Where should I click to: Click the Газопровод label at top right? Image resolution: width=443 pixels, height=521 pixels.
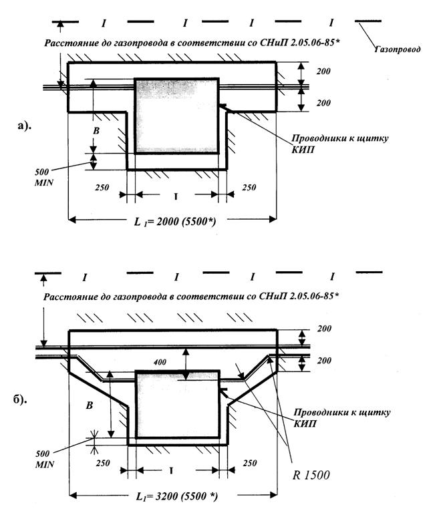tap(397, 49)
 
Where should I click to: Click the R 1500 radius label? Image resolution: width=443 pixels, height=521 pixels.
tap(311, 475)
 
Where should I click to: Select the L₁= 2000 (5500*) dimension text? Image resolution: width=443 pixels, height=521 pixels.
tap(175, 221)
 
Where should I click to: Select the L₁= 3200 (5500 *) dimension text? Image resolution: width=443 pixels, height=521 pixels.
tap(177, 496)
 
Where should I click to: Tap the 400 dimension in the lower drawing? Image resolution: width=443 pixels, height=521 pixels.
tap(160, 362)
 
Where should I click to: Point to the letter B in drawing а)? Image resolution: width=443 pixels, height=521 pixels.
tap(96, 130)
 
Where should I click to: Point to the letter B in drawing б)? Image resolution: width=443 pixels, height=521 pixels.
tap(90, 405)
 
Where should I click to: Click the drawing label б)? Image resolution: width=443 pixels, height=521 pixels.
tap(20, 399)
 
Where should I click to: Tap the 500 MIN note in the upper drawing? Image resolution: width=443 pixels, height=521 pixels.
tap(43, 177)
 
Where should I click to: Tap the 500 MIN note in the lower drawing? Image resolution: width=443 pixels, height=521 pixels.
tap(45, 459)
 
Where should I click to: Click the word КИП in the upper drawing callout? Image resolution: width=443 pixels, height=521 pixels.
tap(303, 150)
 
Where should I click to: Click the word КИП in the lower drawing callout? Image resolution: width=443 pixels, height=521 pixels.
tap(305, 423)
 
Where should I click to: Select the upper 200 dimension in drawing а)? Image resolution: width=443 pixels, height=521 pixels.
tap(323, 71)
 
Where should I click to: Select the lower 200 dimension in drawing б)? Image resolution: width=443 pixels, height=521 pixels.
tap(324, 361)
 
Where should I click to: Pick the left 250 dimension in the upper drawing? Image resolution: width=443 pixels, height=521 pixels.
tap(102, 188)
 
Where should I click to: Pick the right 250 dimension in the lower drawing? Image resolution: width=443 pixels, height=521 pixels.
tap(250, 463)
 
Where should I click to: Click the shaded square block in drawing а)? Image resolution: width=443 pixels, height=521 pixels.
tap(176, 116)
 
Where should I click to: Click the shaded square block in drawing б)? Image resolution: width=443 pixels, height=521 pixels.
tap(178, 404)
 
